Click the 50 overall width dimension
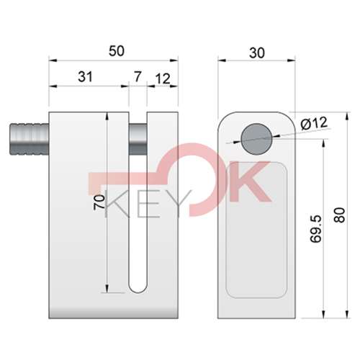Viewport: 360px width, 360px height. click(116, 50)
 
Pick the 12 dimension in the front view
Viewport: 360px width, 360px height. click(162, 78)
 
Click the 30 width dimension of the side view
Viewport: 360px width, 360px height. click(258, 50)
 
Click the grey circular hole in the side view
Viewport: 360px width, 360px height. click(257, 138)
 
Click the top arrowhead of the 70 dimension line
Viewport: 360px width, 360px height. click(107, 115)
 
